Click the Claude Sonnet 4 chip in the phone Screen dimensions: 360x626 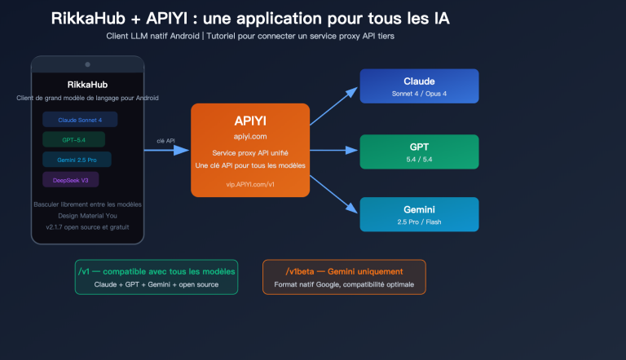point(79,120)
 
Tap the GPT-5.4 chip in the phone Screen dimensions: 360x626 point(73,139)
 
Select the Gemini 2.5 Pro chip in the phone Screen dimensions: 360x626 point(77,160)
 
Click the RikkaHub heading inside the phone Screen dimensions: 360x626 point(87,84)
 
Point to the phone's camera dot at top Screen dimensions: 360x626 point(87,64)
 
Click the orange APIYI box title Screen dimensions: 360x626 point(250,119)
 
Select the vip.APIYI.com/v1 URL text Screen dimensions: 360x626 point(250,184)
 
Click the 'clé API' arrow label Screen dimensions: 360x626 point(167,140)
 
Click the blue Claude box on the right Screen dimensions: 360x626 point(419,86)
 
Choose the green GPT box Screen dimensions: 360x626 point(419,151)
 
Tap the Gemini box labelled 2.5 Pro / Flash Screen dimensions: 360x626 point(419,214)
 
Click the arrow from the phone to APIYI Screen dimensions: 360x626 point(167,150)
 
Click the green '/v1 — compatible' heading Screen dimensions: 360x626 point(156,270)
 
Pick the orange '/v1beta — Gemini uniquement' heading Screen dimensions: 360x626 point(343,270)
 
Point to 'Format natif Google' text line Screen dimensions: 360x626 point(343,284)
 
